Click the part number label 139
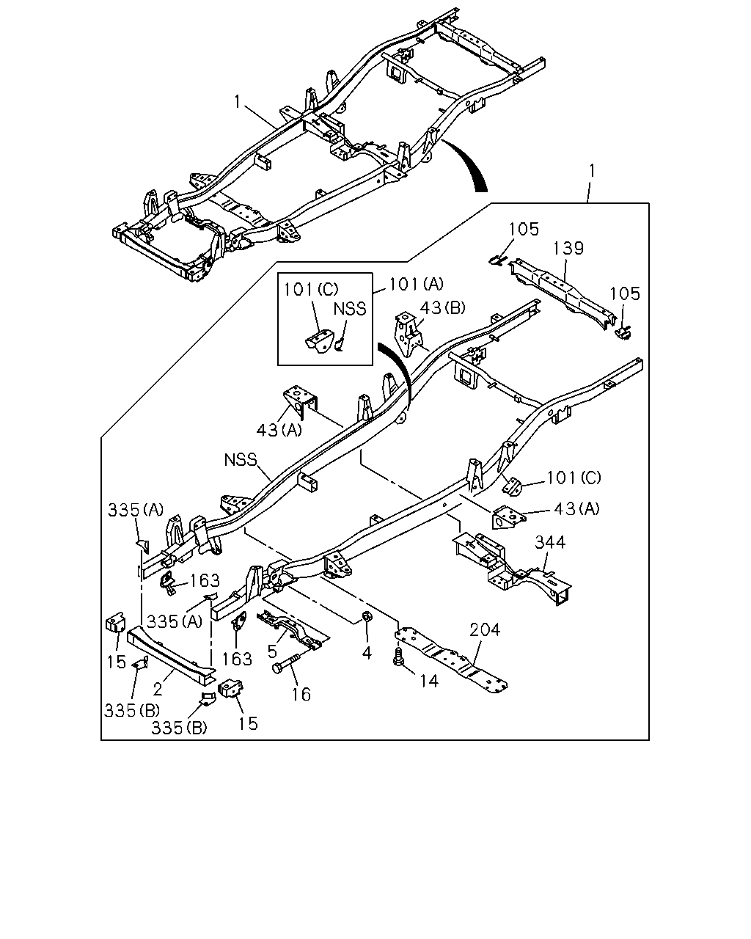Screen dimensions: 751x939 tap(568, 248)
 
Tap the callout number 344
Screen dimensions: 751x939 tap(550, 542)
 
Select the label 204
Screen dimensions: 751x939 tap(485, 629)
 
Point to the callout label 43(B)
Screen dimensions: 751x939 tap(442, 308)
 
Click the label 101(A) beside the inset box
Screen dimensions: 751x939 tap(416, 285)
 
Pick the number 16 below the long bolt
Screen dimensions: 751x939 tap(301, 694)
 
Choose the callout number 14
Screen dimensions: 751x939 tap(429, 681)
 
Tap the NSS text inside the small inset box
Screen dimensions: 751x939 tap(350, 309)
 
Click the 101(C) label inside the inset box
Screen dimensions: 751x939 tap(311, 289)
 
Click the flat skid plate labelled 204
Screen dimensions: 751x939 tap(451, 659)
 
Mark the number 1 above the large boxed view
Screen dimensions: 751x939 tap(592, 171)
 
